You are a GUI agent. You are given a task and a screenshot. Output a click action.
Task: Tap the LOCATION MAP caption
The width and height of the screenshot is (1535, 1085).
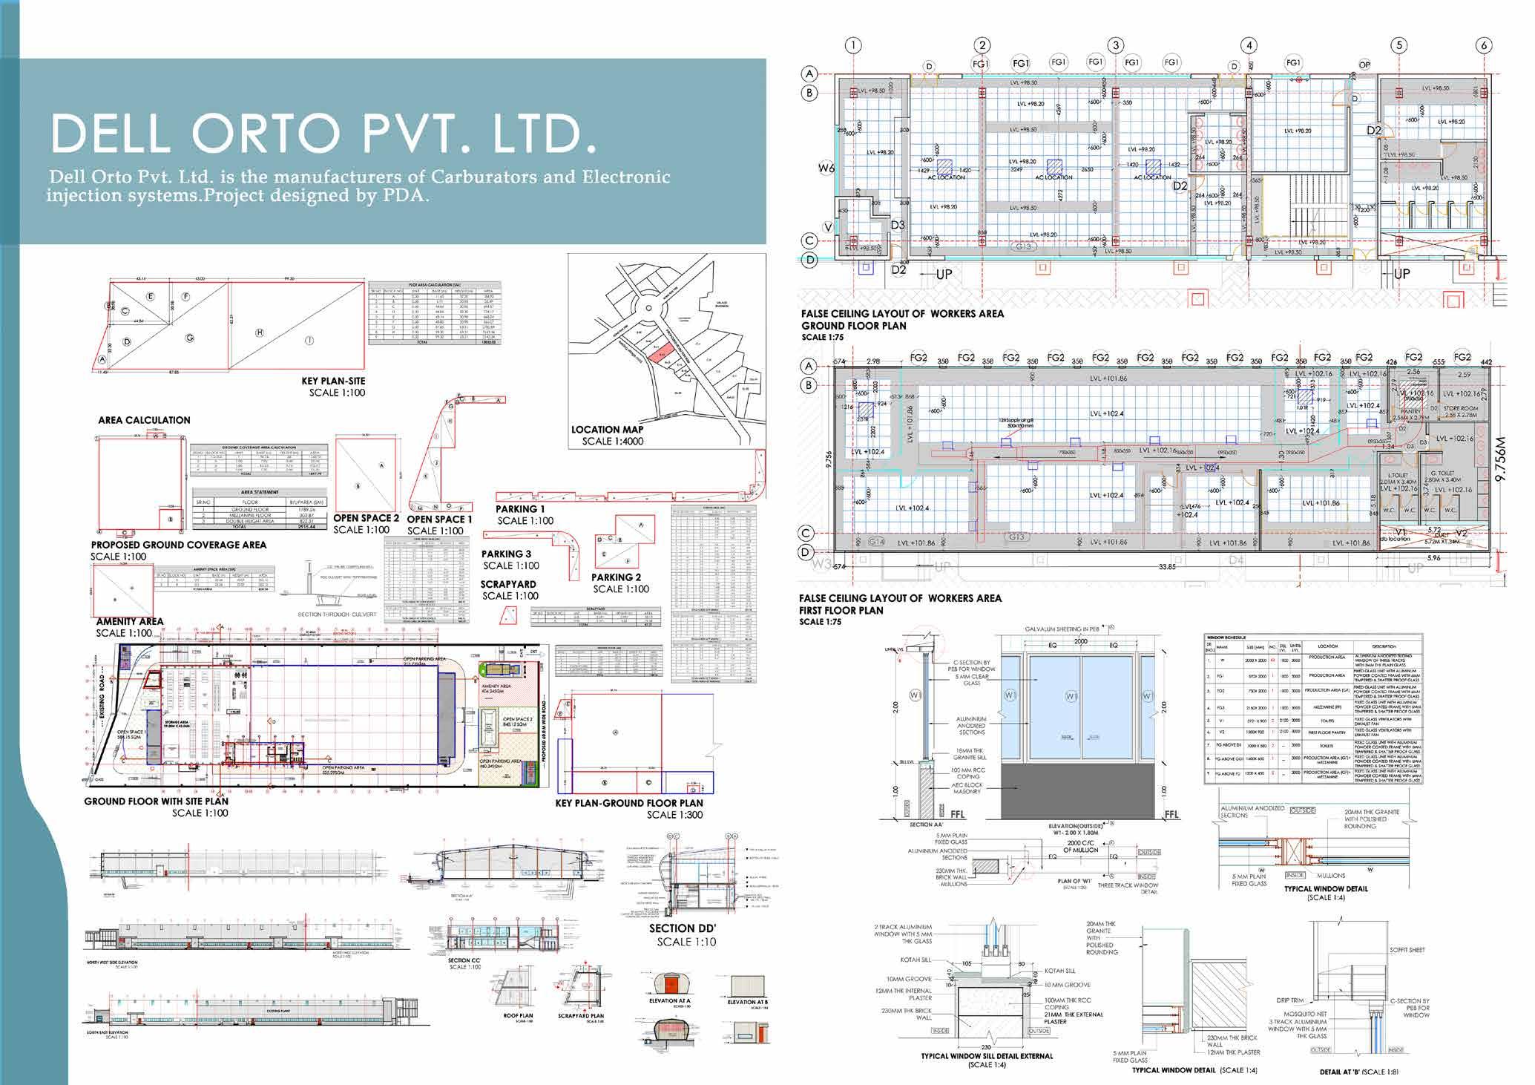pos(607,430)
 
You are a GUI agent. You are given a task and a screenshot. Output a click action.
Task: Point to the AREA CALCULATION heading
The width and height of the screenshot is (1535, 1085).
pos(144,420)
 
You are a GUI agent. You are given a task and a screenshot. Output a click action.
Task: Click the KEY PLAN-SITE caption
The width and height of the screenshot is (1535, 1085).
pos(333,381)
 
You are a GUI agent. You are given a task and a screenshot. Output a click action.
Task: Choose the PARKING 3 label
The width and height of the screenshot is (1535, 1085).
pos(506,554)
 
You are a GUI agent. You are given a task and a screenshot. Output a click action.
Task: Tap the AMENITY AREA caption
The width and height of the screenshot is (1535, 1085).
pos(130,622)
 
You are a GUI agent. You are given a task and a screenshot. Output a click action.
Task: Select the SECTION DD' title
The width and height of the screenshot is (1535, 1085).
pos(682,928)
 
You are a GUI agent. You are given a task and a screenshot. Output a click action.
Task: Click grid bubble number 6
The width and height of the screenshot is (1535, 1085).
pos(1485,45)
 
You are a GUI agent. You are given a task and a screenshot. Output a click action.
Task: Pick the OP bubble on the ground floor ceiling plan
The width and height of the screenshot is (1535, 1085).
pos(1364,65)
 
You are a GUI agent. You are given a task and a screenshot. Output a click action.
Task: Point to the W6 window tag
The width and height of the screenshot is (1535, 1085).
pos(826,168)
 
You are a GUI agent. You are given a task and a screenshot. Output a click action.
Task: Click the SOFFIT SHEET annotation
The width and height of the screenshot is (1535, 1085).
pos(1407,950)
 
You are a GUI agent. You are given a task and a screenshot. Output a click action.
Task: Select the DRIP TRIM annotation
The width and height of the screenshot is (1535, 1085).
pos(1290,1000)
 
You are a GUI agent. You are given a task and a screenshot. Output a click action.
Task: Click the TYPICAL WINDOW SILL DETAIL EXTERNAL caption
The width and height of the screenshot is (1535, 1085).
pos(986,1056)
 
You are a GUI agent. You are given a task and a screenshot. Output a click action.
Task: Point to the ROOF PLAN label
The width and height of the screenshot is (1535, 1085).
pos(518,1016)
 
